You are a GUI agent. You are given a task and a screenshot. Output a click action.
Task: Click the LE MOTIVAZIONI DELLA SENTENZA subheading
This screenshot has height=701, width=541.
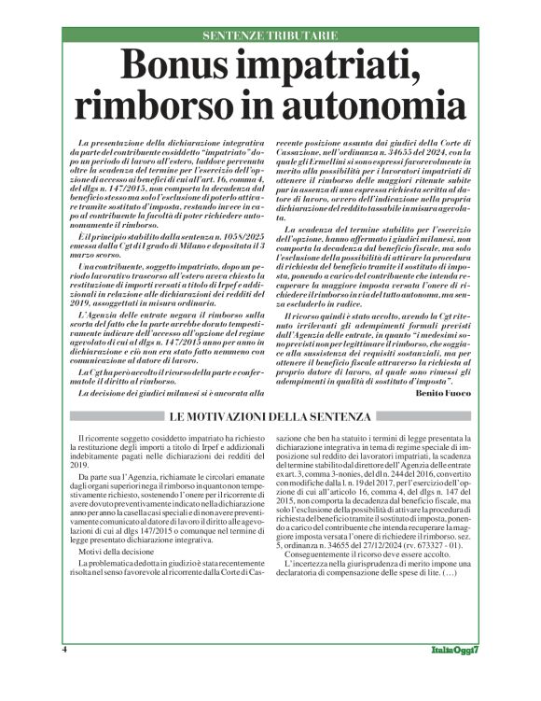[x=270, y=416]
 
